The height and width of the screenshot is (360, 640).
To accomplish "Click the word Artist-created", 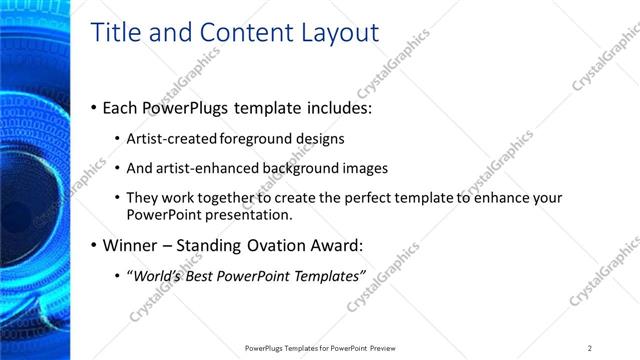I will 172,139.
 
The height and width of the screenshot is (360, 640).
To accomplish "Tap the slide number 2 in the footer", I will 590,348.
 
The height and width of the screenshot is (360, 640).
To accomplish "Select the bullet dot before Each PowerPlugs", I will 94,107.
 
